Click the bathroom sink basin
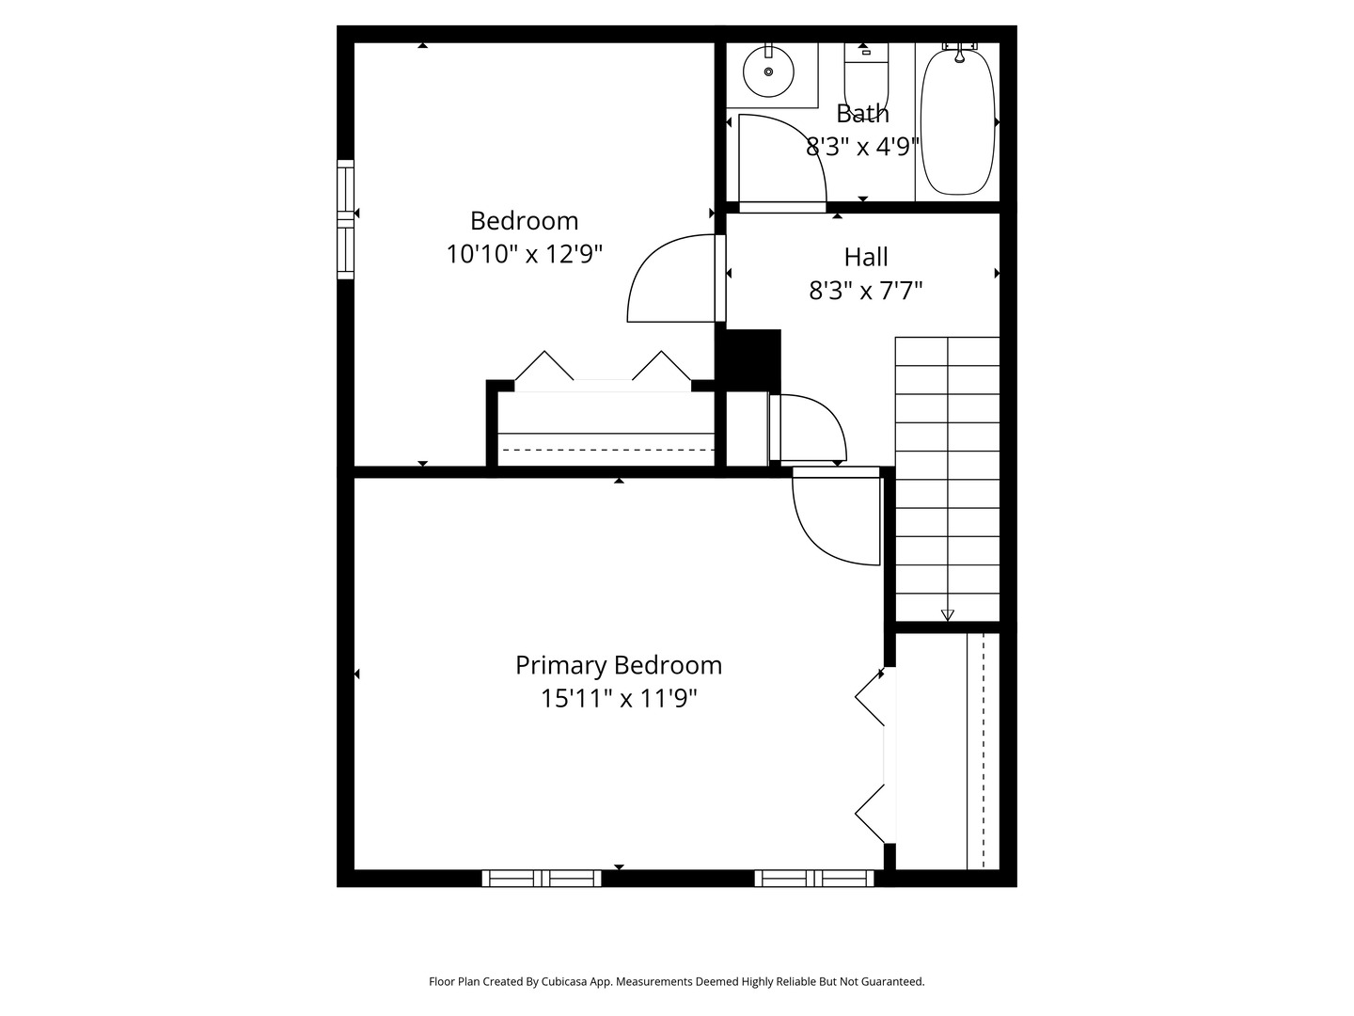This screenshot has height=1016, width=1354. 768,71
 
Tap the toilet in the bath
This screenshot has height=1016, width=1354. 866,75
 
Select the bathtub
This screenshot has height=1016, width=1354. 957,122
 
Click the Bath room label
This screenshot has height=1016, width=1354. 862,114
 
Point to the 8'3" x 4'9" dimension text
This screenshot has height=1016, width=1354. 862,147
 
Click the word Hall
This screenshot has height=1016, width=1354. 866,257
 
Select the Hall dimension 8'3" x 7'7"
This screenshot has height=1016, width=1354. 866,291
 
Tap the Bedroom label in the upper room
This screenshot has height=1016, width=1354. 524,221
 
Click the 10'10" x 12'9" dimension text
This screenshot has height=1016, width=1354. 524,254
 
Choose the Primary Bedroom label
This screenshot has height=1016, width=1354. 619,665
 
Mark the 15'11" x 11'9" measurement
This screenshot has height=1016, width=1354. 619,698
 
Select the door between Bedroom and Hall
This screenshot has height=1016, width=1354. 672,279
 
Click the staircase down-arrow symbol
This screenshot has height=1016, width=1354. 947,615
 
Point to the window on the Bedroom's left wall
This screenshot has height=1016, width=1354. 346,219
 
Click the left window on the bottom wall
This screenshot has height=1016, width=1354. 542,878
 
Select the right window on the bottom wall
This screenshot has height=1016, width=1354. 814,878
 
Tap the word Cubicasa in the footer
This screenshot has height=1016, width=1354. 567,981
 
